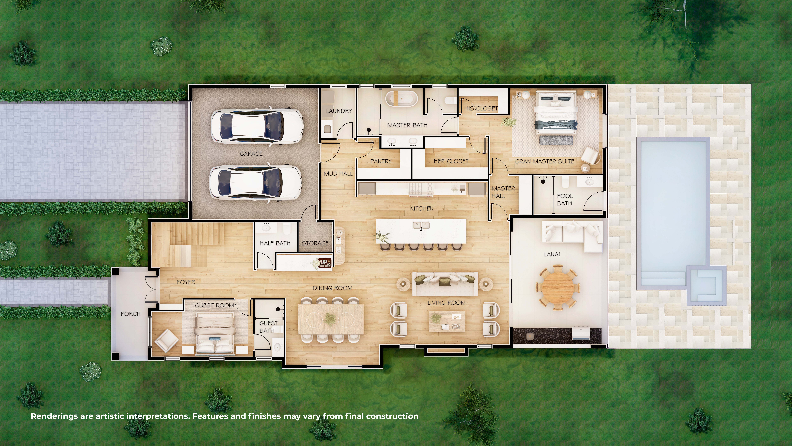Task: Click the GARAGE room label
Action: click(x=251, y=154)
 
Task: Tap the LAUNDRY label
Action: click(x=339, y=111)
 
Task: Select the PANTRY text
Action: click(x=381, y=161)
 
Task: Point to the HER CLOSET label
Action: click(x=451, y=161)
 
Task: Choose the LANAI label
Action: click(x=552, y=254)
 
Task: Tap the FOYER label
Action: click(x=186, y=282)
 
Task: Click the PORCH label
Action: click(x=131, y=314)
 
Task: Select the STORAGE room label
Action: click(x=315, y=243)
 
